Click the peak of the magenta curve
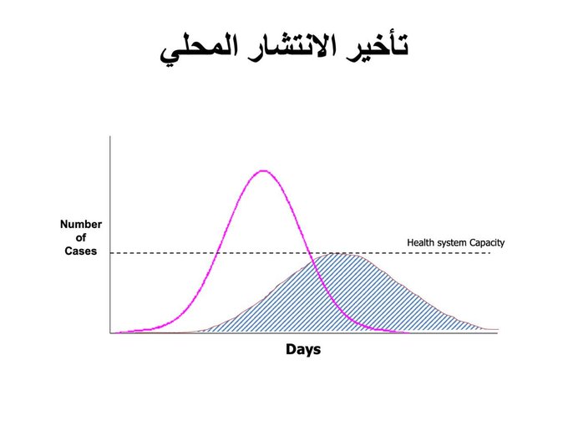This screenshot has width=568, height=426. pyautogui.click(x=264, y=170)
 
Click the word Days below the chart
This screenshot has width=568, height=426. pyautogui.click(x=303, y=349)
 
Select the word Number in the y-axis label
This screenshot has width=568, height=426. pyautogui.click(x=81, y=224)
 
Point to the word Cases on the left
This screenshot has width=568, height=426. pyautogui.click(x=81, y=251)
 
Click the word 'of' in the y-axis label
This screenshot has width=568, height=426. pyautogui.click(x=81, y=237)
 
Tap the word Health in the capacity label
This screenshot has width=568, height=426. pyautogui.click(x=418, y=242)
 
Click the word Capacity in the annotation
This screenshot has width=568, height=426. pyautogui.click(x=487, y=243)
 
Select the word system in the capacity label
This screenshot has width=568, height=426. pyautogui.click(x=449, y=243)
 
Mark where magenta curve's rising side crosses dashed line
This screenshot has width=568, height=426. pyautogui.click(x=217, y=253)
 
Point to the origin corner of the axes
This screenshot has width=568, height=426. pyautogui.click(x=110, y=333)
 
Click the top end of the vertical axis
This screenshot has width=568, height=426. pyautogui.click(x=110, y=136)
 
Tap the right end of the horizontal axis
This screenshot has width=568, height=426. pyautogui.click(x=498, y=333)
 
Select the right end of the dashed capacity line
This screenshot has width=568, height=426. pyautogui.click(x=490, y=253)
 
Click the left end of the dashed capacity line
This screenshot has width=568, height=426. pyautogui.click(x=110, y=253)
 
